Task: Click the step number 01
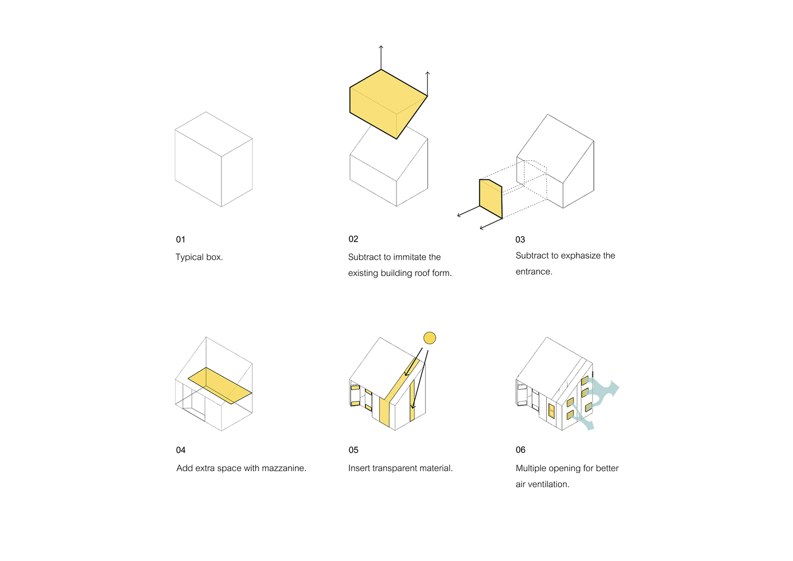[x=181, y=240]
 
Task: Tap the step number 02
[x=353, y=239]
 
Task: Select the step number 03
[x=520, y=240]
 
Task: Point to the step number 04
[x=181, y=450]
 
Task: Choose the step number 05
[x=353, y=450]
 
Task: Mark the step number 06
[x=520, y=450]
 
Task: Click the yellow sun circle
[x=430, y=338]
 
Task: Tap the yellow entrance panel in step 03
[x=491, y=199]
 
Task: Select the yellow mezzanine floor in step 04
[x=220, y=385]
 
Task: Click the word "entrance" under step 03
[x=533, y=272]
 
